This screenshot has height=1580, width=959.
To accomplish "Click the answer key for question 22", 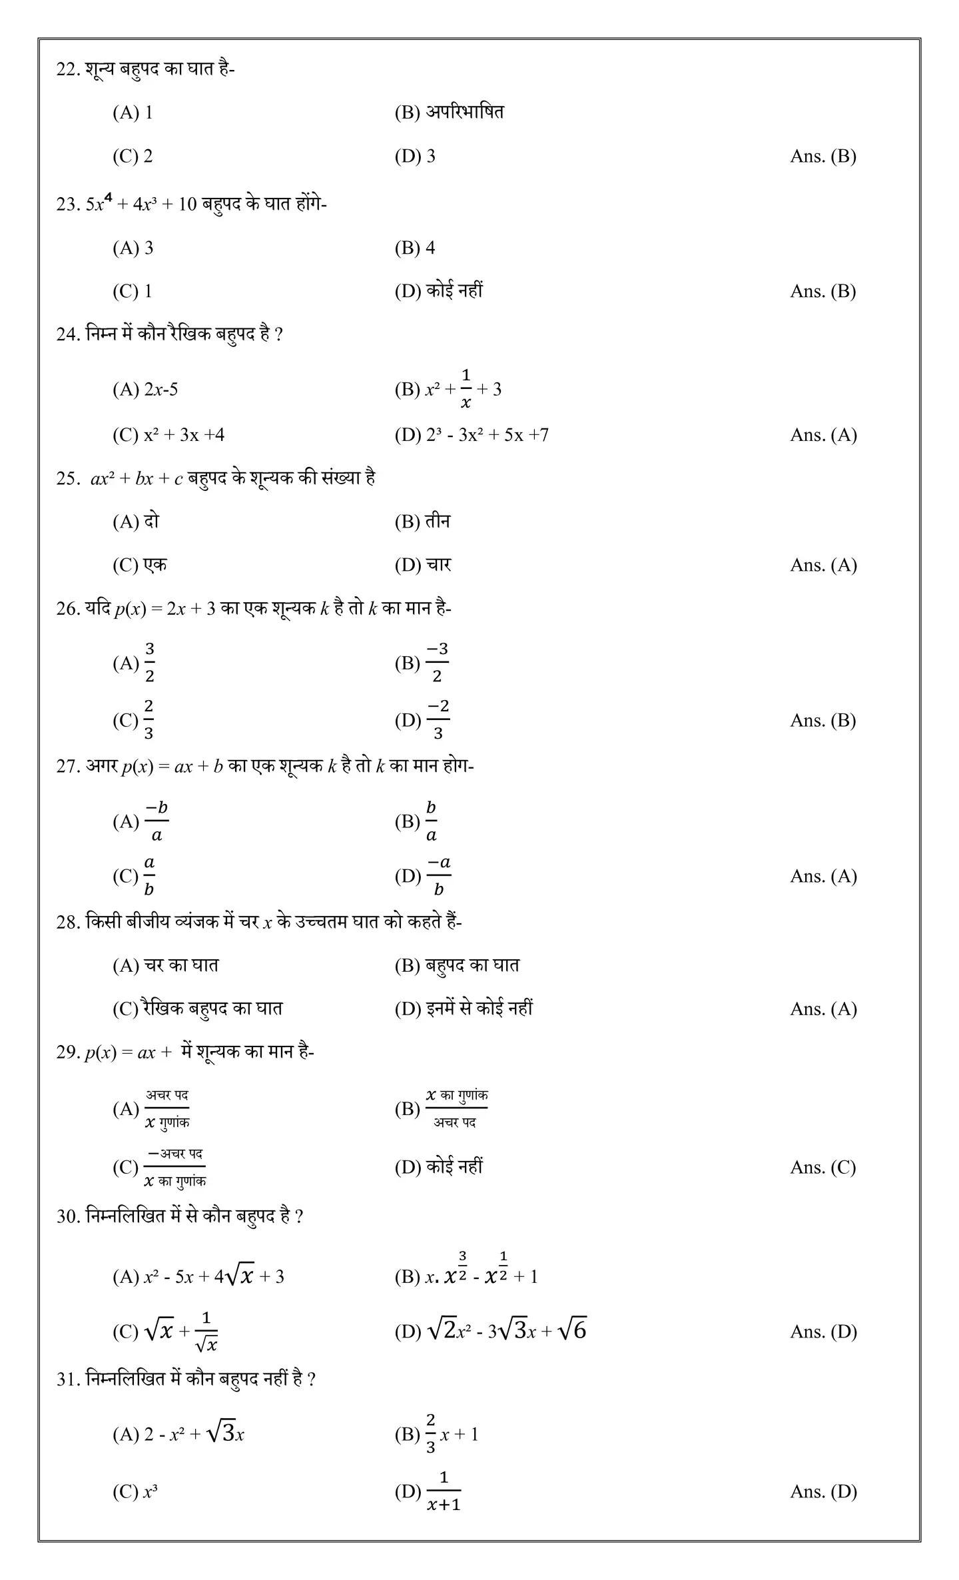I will pos(822,156).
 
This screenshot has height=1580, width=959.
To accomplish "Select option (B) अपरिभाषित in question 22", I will pos(449,112).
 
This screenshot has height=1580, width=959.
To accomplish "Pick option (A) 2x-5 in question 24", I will pos(145,389).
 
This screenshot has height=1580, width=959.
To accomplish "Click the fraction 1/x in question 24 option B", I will pos(466,389).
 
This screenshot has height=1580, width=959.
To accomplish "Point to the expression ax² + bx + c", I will pos(137,478).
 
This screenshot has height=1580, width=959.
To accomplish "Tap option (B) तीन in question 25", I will pos(422,522).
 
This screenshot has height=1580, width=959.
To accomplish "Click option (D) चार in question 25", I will pos(423,565).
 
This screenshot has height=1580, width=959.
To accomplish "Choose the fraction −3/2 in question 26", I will pos(437,663).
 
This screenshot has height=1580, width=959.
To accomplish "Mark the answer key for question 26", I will pos(822,720).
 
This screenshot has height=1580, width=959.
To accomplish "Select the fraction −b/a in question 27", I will pos(157,821).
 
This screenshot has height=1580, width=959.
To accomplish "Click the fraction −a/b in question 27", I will pos(438,876).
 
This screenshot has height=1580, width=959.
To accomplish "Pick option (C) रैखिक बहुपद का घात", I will pos(197,1008).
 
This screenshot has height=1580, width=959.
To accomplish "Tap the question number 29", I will pos(68,1052).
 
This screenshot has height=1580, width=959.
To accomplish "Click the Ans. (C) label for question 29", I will pos(822,1167).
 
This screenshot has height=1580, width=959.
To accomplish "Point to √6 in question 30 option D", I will pos(572,1331).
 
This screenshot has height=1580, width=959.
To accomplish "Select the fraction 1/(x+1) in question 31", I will pos(444,1491).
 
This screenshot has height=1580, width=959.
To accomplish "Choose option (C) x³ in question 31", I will pos(135,1491).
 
